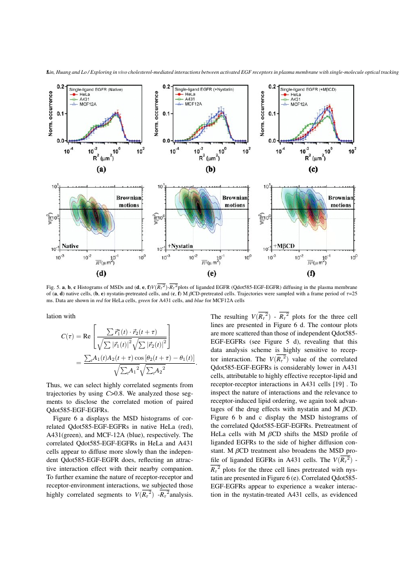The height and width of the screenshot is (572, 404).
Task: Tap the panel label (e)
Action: pyautogui.click(x=212, y=273)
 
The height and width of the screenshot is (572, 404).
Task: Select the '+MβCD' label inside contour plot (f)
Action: pyautogui.click(x=285, y=245)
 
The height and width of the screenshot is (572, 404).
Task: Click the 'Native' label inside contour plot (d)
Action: pyautogui.click(x=71, y=245)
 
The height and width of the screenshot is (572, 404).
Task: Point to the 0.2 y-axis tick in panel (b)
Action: pyautogui.click(x=166, y=87)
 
